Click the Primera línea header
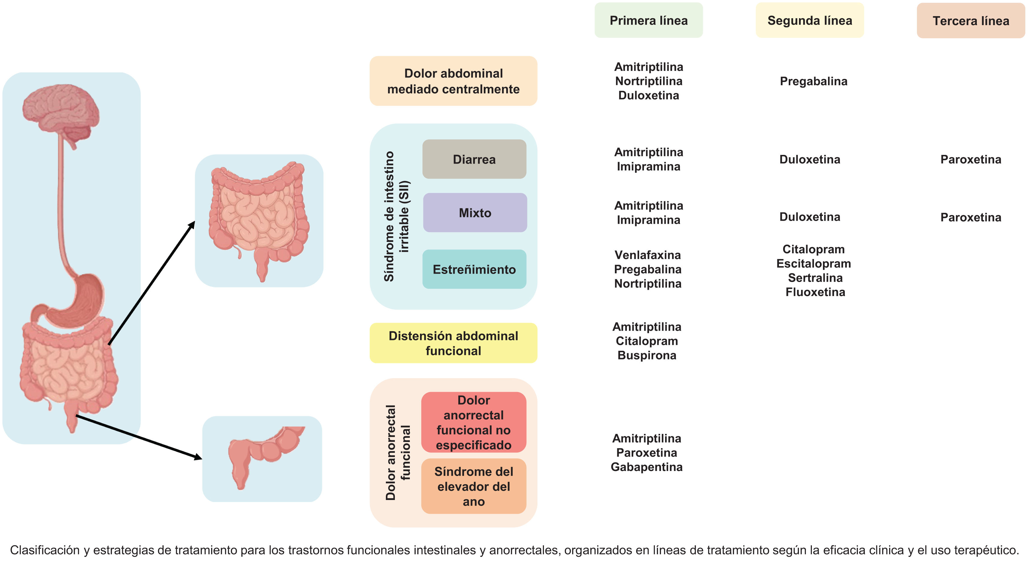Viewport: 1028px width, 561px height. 648,20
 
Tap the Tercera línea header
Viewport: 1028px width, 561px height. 971,21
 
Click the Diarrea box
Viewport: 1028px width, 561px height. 474,159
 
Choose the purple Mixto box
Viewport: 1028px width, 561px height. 475,213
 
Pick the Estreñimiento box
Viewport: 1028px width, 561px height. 474,269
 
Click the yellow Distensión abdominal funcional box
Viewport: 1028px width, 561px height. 453,343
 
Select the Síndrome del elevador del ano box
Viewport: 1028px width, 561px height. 474,486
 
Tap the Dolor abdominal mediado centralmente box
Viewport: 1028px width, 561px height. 453,81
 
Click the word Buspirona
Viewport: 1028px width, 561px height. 647,355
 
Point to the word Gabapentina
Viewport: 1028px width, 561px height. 647,467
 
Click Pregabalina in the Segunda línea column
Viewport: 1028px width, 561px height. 813,81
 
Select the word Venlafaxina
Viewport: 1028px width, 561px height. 648,255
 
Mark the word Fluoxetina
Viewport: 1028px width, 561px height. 815,292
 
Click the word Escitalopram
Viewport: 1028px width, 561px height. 813,263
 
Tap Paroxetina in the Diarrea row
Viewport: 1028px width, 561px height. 971,159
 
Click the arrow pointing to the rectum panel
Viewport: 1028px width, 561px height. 140,437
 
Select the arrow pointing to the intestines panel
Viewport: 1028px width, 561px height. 152,283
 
